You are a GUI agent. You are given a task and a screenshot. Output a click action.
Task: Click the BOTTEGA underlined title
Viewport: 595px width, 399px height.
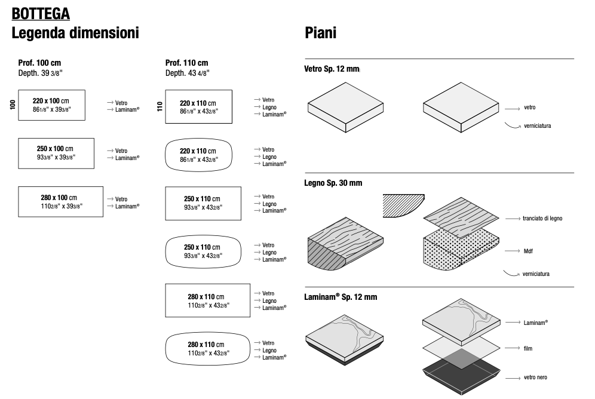40,13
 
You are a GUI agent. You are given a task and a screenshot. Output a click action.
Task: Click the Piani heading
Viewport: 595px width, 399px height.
320,33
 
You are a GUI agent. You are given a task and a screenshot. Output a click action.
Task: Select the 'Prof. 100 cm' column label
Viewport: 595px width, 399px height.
39,63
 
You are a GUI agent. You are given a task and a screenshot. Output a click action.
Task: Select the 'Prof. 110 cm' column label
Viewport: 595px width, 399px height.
186,63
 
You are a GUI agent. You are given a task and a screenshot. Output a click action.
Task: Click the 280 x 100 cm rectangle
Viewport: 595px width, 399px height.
59,201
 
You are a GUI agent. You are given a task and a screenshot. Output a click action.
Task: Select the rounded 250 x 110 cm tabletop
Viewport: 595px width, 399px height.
203,251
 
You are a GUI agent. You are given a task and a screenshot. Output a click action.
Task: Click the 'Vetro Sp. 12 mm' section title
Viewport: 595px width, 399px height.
332,70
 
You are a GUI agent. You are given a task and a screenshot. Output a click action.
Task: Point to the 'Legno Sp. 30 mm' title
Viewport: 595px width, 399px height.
333,182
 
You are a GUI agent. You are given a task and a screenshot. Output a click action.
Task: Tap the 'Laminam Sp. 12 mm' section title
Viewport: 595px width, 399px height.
341,297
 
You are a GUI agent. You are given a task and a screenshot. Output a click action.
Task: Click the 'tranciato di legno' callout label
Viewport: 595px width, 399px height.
542,219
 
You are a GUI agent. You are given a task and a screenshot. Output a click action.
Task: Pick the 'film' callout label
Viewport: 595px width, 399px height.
527,348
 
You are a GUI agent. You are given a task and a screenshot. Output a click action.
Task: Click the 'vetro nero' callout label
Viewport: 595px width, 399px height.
535,377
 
